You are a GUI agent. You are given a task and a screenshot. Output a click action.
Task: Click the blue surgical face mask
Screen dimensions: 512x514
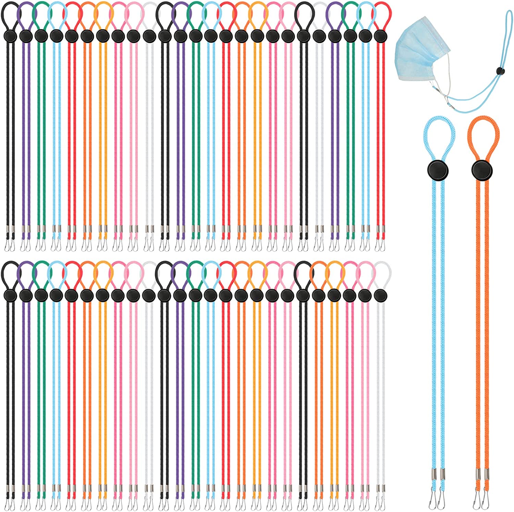pos(420,55)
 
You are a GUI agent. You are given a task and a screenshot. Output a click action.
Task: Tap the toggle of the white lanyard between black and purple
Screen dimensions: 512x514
pos(319,35)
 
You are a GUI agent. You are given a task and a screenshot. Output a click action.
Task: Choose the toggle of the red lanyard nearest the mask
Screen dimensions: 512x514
pos(379,35)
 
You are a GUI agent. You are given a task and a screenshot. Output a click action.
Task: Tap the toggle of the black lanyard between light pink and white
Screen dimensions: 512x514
pos(303,35)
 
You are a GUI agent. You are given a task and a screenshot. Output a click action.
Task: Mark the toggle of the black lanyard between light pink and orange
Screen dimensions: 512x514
pos(303,295)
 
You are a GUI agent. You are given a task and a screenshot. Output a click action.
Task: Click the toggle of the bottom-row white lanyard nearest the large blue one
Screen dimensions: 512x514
pos(379,295)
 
